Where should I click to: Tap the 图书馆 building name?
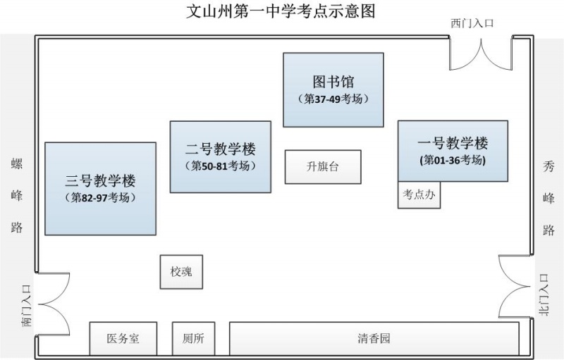(x=333, y=82)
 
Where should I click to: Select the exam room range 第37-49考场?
(x=333, y=99)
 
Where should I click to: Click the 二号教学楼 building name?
(x=221, y=149)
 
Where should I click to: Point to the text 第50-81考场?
(x=221, y=166)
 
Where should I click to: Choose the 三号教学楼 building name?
(x=100, y=180)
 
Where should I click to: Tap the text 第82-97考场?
(x=100, y=198)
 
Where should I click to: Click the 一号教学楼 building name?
(x=453, y=144)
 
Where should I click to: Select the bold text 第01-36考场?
(x=453, y=160)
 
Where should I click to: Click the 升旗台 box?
(x=322, y=167)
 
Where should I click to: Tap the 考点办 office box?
(x=419, y=195)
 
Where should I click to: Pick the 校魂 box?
(x=181, y=272)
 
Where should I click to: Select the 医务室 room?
(x=123, y=339)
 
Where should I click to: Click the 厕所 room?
(x=193, y=339)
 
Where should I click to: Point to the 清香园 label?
(x=374, y=339)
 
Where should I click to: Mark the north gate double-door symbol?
(x=513, y=286)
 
